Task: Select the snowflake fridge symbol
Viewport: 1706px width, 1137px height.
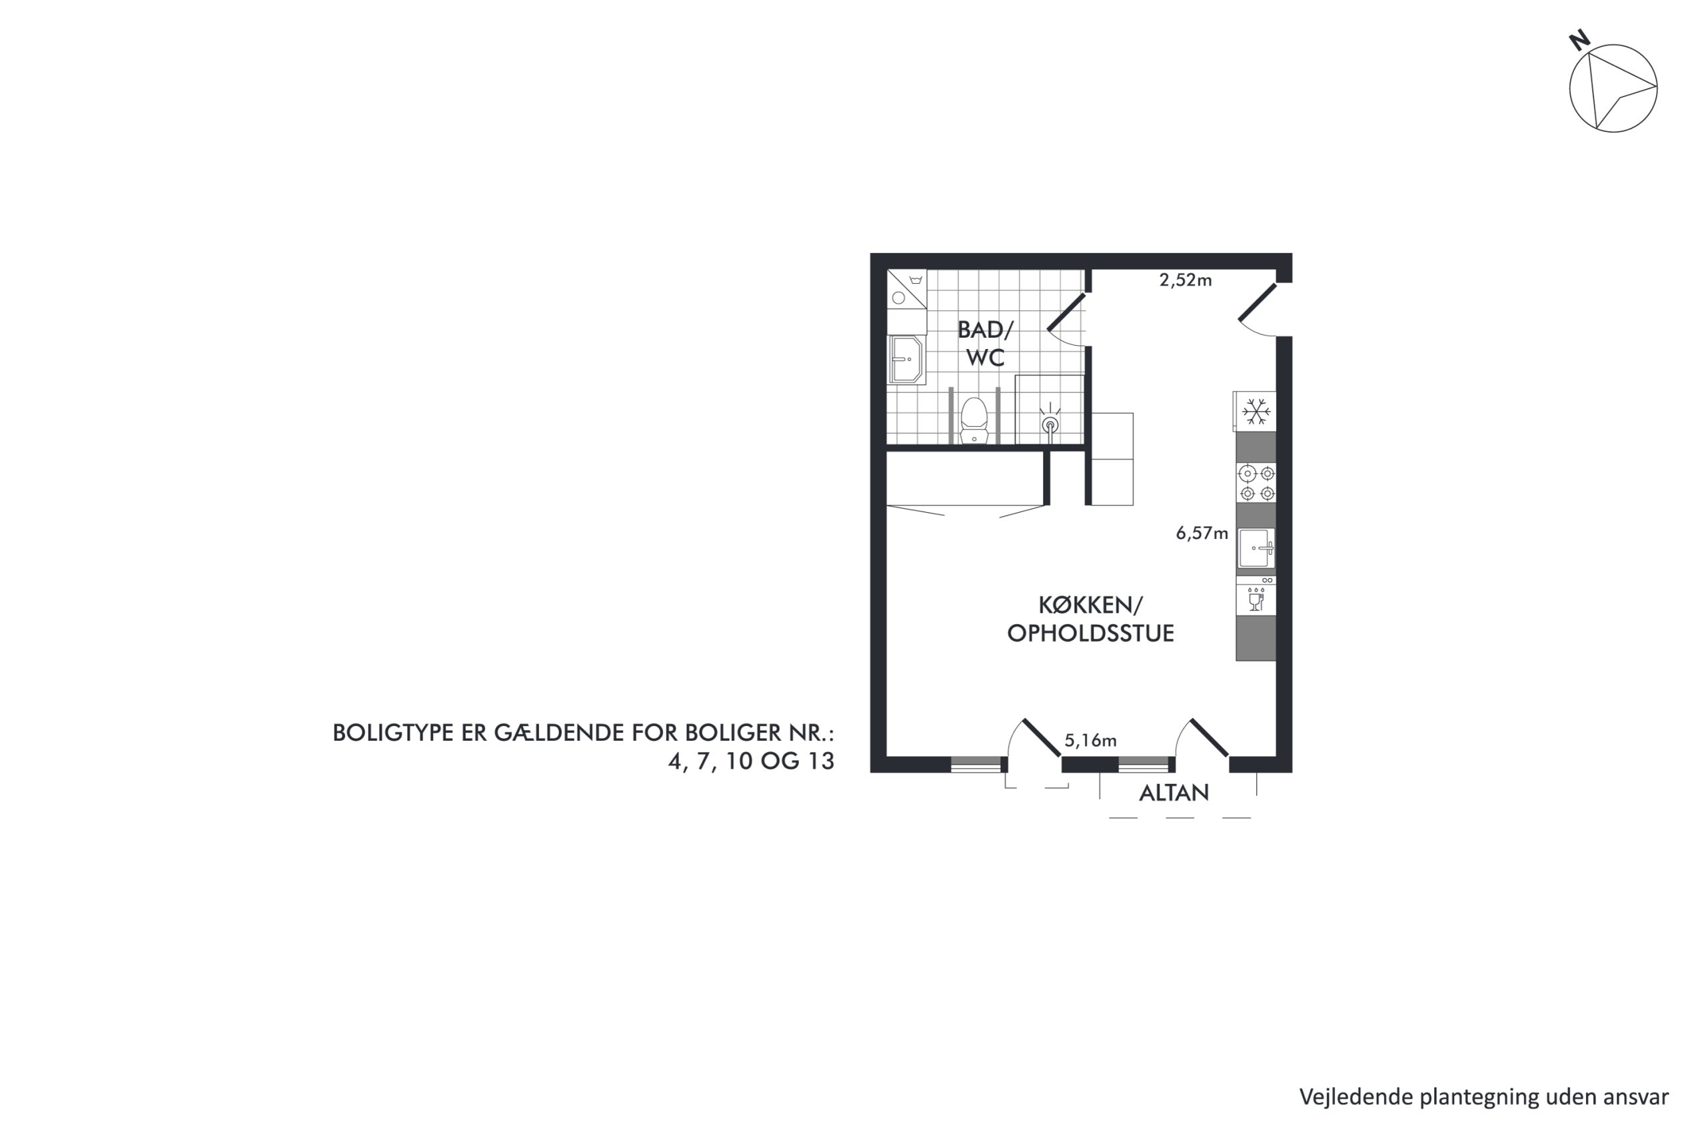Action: pos(1256,412)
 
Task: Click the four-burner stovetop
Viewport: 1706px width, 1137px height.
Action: pos(1256,484)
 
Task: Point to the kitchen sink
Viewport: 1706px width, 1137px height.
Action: pos(1256,548)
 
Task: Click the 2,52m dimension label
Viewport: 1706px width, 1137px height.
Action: pos(1186,280)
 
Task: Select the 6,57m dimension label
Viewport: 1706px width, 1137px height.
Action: pos(1202,534)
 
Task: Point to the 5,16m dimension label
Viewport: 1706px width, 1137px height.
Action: pos(1090,741)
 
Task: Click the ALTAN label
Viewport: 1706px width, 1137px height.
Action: pos(1174,793)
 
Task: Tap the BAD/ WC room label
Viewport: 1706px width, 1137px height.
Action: pos(985,344)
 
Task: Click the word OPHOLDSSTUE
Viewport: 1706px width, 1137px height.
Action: pos(1090,633)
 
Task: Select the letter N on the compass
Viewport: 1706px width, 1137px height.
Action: pos(1580,41)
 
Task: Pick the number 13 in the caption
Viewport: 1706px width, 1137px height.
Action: pos(820,762)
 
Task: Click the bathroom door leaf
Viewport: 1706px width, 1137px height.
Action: pos(1066,312)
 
